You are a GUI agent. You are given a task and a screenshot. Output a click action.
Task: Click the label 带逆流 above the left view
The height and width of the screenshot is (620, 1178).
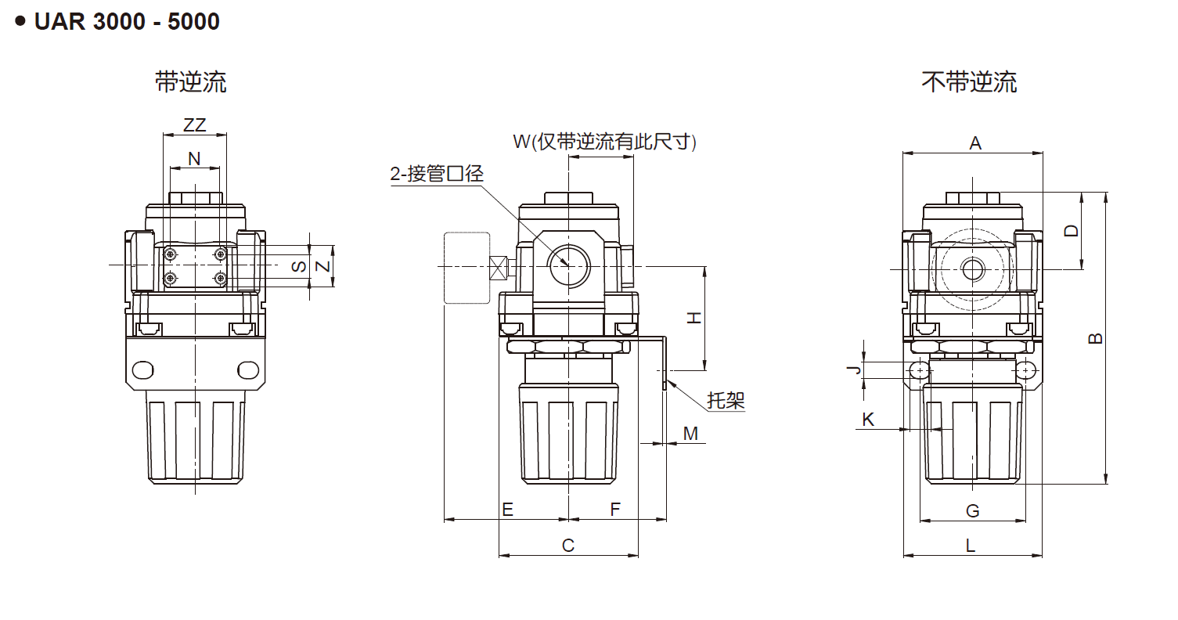click(191, 81)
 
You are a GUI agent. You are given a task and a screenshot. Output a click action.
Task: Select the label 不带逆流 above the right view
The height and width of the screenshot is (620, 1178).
click(969, 81)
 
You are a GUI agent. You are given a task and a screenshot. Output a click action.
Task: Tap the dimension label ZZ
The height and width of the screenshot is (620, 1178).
click(194, 125)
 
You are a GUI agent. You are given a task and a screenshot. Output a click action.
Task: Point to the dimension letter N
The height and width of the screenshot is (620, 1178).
click(194, 159)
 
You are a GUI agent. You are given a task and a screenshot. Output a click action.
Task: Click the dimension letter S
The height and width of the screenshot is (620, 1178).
click(299, 267)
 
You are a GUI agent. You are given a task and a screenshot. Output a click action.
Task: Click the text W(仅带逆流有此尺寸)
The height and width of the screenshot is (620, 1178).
click(604, 142)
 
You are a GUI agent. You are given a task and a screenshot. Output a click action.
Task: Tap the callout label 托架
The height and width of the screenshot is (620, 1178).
click(726, 400)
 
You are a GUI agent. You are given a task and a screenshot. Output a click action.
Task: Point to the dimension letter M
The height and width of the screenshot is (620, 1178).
click(690, 433)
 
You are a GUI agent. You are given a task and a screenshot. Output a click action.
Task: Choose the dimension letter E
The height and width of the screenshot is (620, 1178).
click(507, 510)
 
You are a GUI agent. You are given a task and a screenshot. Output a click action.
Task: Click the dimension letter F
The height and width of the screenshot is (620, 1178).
click(615, 510)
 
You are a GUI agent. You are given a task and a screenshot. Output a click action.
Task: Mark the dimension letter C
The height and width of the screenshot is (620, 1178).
click(568, 545)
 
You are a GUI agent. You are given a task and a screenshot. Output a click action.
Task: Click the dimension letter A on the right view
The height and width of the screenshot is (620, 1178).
click(975, 142)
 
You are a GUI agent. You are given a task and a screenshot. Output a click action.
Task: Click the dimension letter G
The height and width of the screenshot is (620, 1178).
click(972, 510)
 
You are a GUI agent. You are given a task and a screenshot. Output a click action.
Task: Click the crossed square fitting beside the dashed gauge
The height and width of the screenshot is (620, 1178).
click(497, 268)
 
